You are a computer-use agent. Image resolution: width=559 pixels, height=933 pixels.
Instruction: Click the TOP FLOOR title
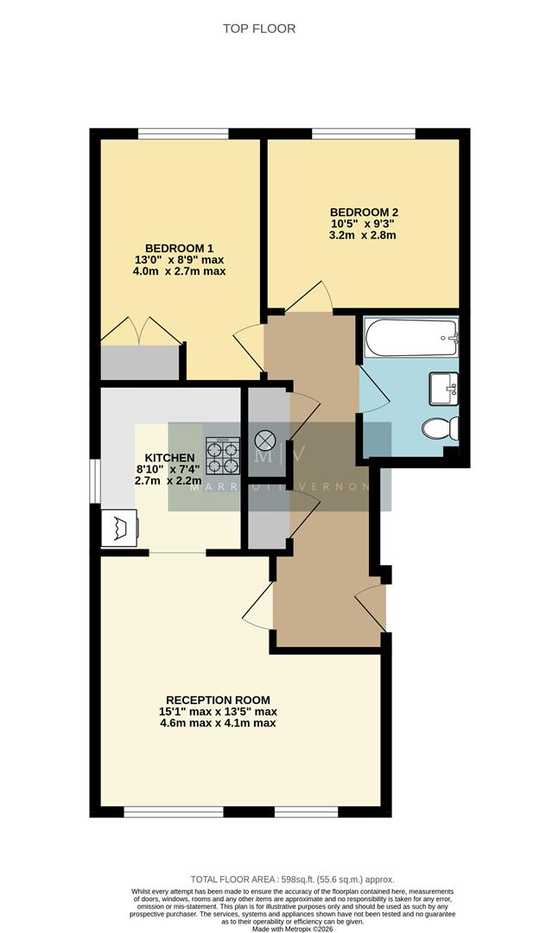click(259, 29)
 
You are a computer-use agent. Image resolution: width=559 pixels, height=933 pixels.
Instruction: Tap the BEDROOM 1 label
click(179, 246)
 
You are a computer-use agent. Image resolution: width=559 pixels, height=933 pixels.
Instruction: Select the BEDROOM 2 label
click(364, 212)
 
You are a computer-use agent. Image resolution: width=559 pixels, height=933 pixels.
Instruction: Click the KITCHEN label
click(169, 458)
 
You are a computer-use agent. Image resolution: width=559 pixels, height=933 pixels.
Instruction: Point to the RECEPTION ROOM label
click(218, 700)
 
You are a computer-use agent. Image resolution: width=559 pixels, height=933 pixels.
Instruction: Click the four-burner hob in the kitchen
click(223, 456)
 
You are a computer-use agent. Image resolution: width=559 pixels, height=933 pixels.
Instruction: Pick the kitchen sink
click(119, 527)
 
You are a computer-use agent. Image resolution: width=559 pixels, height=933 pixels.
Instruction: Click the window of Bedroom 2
click(363, 133)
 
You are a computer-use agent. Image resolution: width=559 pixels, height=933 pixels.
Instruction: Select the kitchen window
click(95, 479)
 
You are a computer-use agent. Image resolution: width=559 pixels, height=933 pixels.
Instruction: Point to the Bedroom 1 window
click(183, 133)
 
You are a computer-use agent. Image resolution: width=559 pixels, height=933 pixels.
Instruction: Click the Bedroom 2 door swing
click(308, 298)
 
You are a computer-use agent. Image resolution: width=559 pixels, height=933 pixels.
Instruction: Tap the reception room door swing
click(259, 610)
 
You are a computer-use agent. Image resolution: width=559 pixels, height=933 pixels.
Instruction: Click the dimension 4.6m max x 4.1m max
click(218, 723)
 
